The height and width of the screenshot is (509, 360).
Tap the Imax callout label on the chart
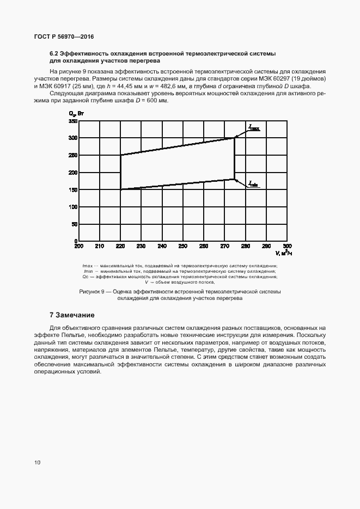coord(254,128)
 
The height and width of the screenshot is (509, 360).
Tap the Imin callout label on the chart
coord(253,184)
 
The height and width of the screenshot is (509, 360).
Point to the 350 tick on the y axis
coord(73,121)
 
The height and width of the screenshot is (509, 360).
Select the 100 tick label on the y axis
coord(73,207)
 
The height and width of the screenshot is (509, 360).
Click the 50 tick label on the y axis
coord(75,224)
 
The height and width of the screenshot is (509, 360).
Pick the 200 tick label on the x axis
coord(79,246)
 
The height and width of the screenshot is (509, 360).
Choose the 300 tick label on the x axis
coord(288,246)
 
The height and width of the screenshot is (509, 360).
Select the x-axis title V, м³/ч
coord(284,253)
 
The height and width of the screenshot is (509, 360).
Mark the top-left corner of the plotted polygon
coord(120,155)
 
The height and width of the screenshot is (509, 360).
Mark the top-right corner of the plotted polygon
coord(235,138)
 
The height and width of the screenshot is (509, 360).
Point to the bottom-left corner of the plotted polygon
coord(120,189)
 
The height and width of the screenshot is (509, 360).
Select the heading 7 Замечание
coord(72,315)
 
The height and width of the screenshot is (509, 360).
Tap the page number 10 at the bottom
coord(37,463)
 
